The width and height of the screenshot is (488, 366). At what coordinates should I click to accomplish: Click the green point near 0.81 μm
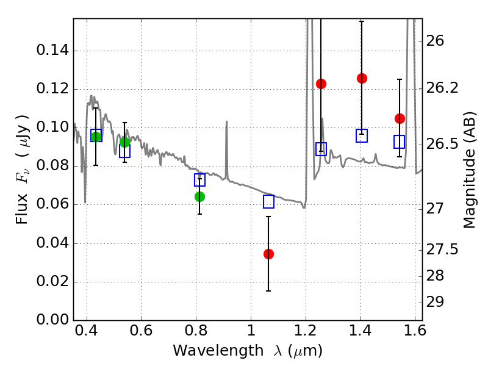tap(199, 196)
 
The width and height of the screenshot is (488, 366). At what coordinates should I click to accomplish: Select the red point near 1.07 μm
tap(268, 254)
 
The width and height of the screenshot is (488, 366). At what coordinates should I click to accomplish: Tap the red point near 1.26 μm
tap(321, 84)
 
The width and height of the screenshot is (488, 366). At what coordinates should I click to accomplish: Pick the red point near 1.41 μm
tap(362, 78)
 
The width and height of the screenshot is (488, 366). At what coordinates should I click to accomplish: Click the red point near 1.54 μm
tap(400, 118)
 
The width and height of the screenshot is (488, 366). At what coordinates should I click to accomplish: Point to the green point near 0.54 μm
tap(125, 142)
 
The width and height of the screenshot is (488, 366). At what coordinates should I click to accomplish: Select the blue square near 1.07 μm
tap(268, 202)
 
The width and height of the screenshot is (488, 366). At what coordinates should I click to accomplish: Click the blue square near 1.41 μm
tap(362, 136)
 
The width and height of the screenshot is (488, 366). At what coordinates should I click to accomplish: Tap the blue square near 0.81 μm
tap(199, 180)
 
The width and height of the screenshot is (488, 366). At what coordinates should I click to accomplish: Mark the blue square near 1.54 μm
tap(400, 142)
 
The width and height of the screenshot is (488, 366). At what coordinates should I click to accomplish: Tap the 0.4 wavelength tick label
tap(87, 334)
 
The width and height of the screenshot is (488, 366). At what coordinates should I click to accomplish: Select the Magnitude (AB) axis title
tap(469, 171)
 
